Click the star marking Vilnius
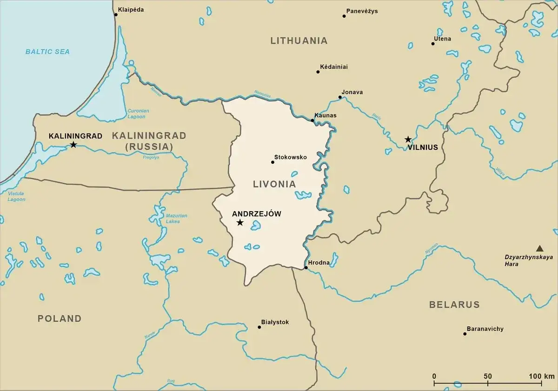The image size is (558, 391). [x=408, y=139]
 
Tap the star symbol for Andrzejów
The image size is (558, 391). [x=240, y=223]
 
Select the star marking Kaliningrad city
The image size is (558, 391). [x=73, y=145]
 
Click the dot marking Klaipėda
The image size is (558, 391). [x=116, y=14]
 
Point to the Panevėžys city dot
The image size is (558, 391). [x=344, y=16]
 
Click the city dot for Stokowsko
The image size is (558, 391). [x=272, y=162]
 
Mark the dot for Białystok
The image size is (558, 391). [x=259, y=327]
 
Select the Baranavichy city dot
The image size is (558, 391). [x=465, y=333]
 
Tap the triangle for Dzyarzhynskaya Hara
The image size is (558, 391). [x=539, y=248]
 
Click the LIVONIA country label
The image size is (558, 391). [x=274, y=184]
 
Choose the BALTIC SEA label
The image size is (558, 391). [x=47, y=52]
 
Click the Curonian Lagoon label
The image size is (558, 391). [x=138, y=114]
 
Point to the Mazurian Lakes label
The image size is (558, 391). [x=176, y=219]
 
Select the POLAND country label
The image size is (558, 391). [x=60, y=318]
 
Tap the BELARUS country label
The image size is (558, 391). [x=454, y=305]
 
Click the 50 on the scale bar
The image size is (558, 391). [x=487, y=376]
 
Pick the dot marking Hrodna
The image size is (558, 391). [x=306, y=268]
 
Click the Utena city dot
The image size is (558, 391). [x=432, y=44]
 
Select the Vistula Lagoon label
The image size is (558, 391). [x=16, y=196]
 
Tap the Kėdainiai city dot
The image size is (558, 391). [x=318, y=72]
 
